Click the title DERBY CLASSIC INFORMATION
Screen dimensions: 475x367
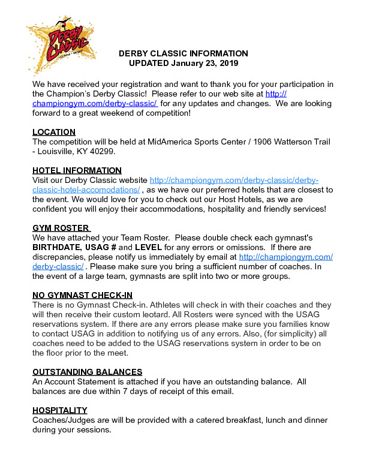click(x=183, y=53)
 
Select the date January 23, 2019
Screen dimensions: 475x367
click(x=206, y=63)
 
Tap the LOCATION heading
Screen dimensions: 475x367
click(x=54, y=132)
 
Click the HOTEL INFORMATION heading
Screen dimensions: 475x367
click(x=77, y=170)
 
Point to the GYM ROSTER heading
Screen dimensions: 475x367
click(x=61, y=228)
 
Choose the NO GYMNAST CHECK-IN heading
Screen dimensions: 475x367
click(x=83, y=295)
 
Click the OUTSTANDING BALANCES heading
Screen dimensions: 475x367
click(x=87, y=372)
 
